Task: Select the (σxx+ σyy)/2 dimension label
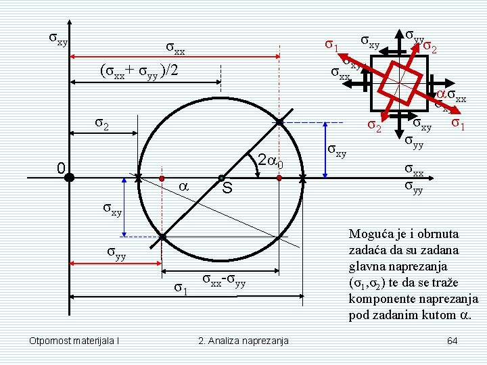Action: pos(138,70)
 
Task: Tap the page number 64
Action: pos(453,339)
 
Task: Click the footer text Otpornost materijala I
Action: pos(74,340)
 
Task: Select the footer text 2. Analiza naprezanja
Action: pos(243,340)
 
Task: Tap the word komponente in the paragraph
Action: pos(381,299)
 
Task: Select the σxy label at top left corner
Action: pos(57,39)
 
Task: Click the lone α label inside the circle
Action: pos(182,185)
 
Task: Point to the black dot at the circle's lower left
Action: pos(162,237)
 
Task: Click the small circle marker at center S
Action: pos(221,179)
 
